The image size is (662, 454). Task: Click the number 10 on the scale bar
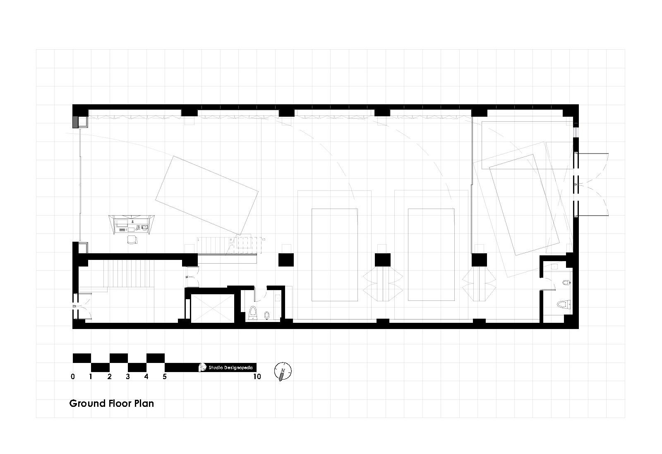coord(257,377)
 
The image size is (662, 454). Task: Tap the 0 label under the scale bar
coord(73,377)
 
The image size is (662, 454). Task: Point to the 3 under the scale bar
coord(128,377)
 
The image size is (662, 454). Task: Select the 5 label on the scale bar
coord(165,377)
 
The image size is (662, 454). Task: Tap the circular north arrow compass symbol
coord(283,371)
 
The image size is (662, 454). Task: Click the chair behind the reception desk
coord(132,240)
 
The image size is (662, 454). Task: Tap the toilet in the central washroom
coord(254,313)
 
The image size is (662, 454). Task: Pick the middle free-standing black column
coord(382,260)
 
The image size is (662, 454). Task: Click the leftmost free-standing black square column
coord(285,260)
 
